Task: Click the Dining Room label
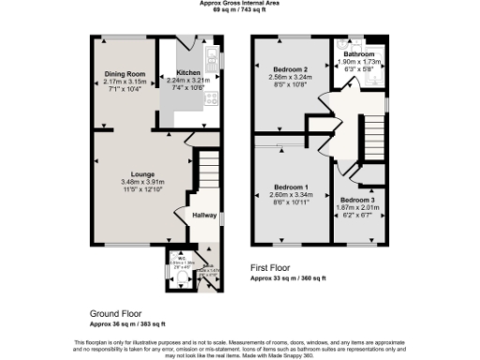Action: [125, 73]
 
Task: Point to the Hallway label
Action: [204, 215]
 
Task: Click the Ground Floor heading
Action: [115, 313]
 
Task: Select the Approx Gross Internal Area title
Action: [240, 3]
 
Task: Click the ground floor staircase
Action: [207, 173]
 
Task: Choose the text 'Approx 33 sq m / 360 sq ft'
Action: [288, 278]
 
